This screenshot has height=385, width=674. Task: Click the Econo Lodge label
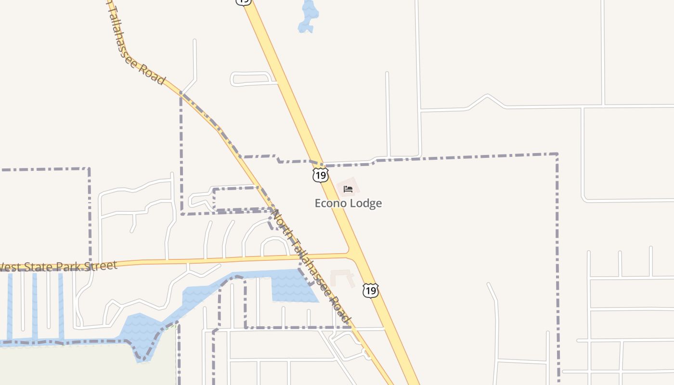coord(348,203)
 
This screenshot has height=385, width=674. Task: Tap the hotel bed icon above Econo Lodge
coord(348,189)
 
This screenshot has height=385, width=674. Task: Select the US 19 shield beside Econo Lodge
coord(320,175)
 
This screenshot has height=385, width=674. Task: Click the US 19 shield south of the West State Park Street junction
coord(370,290)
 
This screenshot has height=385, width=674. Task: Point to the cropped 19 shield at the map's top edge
coord(244,2)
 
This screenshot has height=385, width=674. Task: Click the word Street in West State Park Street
coord(99,266)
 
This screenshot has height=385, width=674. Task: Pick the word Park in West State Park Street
coord(68,267)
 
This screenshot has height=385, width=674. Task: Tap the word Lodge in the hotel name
coord(366,203)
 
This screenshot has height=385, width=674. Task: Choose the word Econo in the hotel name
coord(331,203)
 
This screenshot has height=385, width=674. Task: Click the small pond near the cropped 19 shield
coord(308,16)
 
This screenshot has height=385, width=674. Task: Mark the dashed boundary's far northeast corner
coord(557,154)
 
